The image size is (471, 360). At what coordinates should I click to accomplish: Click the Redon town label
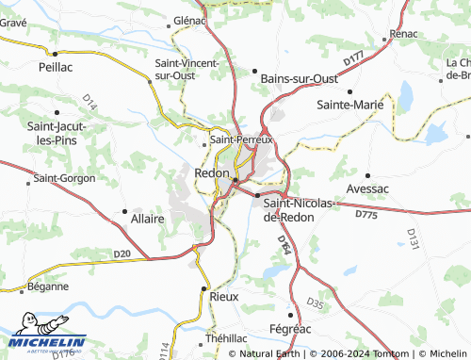pyautogui.click(x=211, y=173)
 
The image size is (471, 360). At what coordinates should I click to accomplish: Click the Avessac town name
pyautogui.click(x=367, y=188)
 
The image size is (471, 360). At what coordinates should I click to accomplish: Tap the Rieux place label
pyautogui.click(x=224, y=296)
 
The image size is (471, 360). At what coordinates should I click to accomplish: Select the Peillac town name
pyautogui.click(x=55, y=68)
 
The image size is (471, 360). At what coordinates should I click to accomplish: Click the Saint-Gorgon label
pyautogui.click(x=60, y=177)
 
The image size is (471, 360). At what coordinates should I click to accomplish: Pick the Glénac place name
pyautogui.click(x=189, y=20)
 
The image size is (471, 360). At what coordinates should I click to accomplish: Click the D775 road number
pyautogui.click(x=366, y=216)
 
